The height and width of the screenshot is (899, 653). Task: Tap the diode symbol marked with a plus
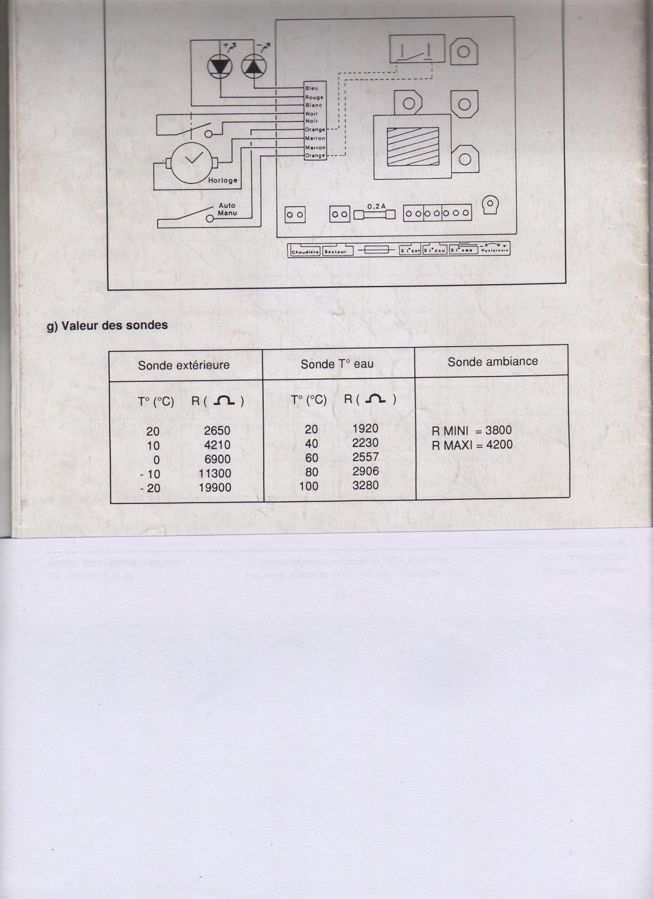pyautogui.click(x=220, y=66)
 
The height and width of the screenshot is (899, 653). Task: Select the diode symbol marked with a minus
pyautogui.click(x=254, y=67)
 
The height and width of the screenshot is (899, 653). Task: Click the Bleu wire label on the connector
pyautogui.click(x=311, y=88)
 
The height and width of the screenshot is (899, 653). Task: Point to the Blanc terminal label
pyautogui.click(x=314, y=105)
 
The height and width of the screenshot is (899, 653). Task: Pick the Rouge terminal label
pyautogui.click(x=314, y=97)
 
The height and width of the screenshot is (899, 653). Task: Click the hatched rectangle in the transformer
pyautogui.click(x=413, y=146)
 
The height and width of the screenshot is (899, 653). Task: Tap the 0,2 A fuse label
pyautogui.click(x=376, y=206)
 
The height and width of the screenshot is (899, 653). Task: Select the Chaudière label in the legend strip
pyautogui.click(x=305, y=252)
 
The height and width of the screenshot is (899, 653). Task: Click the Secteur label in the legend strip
pyautogui.click(x=335, y=252)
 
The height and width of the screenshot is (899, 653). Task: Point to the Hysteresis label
pyautogui.click(x=494, y=250)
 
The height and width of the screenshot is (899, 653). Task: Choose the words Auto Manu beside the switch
pyautogui.click(x=227, y=209)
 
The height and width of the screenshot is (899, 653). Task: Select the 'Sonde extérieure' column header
pyautogui.click(x=183, y=365)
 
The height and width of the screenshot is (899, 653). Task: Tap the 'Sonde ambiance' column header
pyautogui.click(x=493, y=361)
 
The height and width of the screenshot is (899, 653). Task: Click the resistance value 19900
pyautogui.click(x=215, y=487)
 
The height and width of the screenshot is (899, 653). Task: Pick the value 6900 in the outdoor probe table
pyautogui.click(x=218, y=459)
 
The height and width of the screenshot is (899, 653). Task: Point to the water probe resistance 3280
pyautogui.click(x=365, y=485)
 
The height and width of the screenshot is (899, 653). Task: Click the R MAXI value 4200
pyautogui.click(x=499, y=444)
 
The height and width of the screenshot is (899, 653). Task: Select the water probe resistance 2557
pyautogui.click(x=365, y=457)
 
